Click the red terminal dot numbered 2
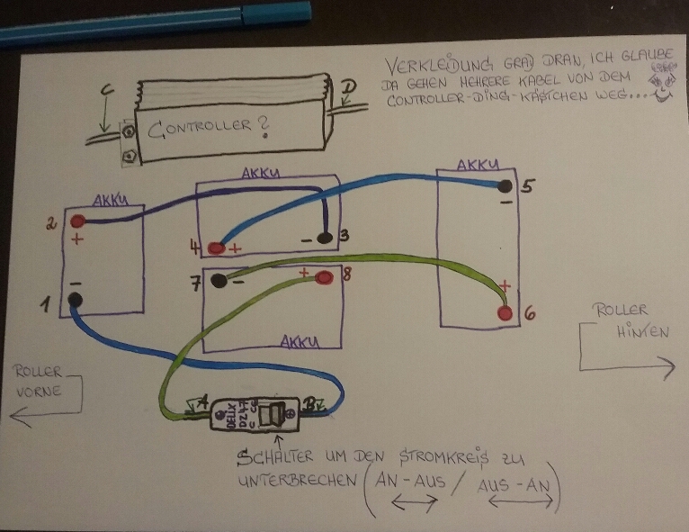[x=79, y=221]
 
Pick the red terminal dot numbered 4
[x=217, y=248]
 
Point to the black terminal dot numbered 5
[x=505, y=186]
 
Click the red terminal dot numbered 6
[x=506, y=313]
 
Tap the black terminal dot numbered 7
[x=219, y=280]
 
